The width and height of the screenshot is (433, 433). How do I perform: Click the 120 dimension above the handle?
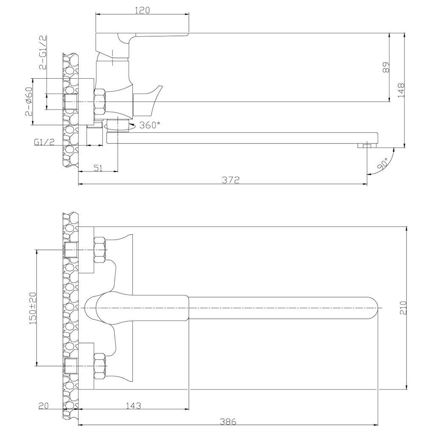coord(143,10)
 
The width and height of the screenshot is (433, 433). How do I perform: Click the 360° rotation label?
coord(150,125)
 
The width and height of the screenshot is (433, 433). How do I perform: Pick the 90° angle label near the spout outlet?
coord(383,164)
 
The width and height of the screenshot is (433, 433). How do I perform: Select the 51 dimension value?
coord(98,168)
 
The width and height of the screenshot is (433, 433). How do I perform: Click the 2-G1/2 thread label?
coord(43,53)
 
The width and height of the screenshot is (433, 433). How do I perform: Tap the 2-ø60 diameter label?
coord(29,101)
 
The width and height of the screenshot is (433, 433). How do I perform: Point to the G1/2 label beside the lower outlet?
coord(44,143)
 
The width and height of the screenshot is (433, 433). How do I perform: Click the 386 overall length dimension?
coord(228,422)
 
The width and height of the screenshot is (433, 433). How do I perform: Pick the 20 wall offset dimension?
coord(44,406)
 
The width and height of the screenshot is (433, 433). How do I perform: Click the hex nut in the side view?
coord(100,102)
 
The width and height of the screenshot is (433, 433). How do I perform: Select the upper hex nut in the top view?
coord(99,250)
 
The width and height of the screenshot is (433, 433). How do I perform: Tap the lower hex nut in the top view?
coord(99,364)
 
